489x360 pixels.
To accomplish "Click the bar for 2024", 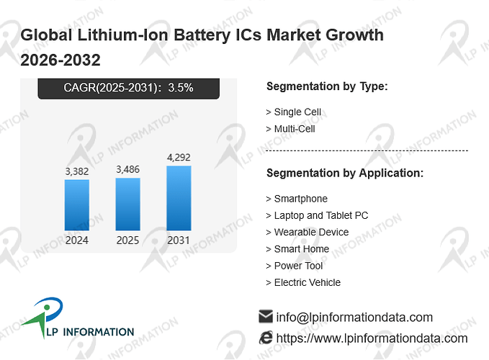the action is (77, 205).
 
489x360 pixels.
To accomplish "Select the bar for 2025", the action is (128, 204).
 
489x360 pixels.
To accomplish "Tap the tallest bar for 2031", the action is (179, 198).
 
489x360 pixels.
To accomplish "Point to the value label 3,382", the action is (77, 171).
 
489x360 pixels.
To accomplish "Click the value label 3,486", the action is (128, 169).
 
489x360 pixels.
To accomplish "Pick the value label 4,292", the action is (179, 158).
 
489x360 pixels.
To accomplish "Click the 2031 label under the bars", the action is (179, 240).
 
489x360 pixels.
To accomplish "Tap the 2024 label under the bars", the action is (77, 240).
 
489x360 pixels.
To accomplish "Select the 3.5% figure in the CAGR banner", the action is (181, 88).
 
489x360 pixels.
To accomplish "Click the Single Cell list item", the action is (297, 112).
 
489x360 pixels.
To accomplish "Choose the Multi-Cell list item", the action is (295, 129).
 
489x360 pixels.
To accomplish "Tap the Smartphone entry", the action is (300, 199).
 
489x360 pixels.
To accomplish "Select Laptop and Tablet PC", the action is (321, 215).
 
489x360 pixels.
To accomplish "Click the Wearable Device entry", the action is (311, 233).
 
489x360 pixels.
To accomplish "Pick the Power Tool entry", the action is (298, 266).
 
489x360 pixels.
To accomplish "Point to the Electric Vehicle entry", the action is (308, 282).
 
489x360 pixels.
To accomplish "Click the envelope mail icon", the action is (266, 316).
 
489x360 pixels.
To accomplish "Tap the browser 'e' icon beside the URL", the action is (266, 338).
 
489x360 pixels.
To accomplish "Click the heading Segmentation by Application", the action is (345, 173).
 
